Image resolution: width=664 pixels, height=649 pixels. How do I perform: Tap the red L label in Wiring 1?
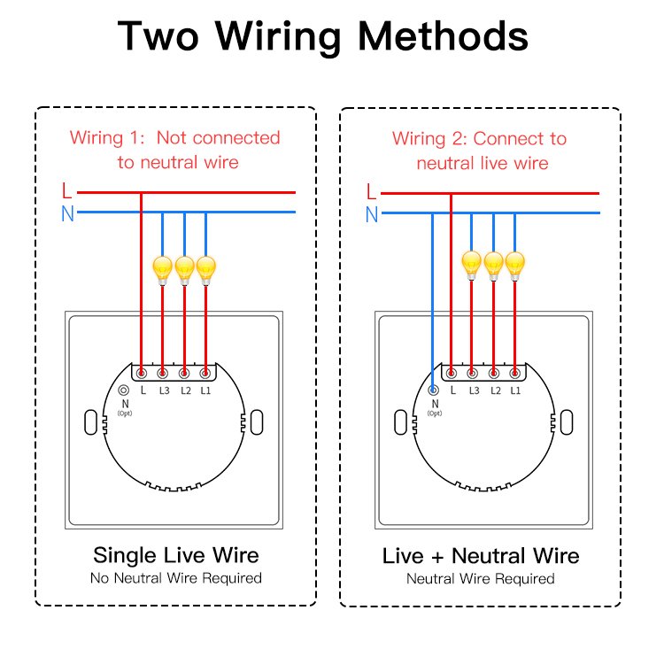click(x=66, y=190)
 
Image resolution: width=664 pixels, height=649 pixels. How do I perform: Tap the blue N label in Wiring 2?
click(x=371, y=214)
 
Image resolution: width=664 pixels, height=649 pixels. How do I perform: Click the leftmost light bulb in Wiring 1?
click(x=162, y=267)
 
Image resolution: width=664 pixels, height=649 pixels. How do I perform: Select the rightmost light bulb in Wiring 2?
click(x=514, y=264)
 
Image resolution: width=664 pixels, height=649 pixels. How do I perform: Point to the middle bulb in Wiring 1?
click(x=184, y=267)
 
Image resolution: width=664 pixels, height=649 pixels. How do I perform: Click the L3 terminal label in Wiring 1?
click(x=163, y=390)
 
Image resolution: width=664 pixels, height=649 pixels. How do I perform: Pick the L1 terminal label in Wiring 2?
click(x=514, y=390)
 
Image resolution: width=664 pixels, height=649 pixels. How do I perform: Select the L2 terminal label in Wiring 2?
click(x=493, y=390)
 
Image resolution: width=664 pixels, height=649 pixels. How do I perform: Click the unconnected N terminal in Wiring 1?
click(x=123, y=390)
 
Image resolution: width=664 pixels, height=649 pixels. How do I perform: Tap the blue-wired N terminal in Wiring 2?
click(x=433, y=390)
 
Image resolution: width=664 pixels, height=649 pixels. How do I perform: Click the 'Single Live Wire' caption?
click(x=176, y=555)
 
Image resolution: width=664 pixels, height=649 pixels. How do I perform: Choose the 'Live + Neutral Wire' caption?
click(x=481, y=556)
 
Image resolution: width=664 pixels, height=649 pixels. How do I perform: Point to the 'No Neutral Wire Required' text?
click(x=176, y=578)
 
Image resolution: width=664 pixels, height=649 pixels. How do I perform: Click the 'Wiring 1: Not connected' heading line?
click(x=175, y=138)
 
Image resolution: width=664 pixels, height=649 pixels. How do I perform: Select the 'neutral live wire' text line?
click(x=482, y=163)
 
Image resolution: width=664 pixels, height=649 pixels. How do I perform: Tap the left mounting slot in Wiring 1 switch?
click(x=89, y=422)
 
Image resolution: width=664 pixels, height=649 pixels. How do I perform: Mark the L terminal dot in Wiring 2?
click(x=452, y=374)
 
